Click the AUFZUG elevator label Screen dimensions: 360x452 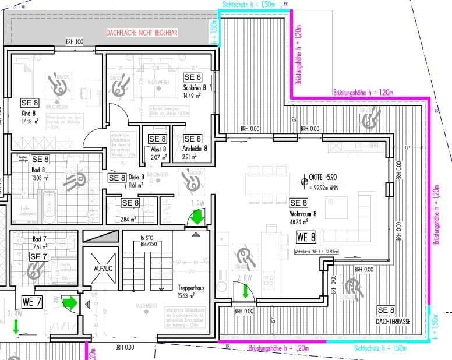click(96, 270)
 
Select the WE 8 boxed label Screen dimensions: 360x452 click(306, 237)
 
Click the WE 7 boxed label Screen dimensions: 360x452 click(31, 301)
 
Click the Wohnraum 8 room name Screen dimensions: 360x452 click(303, 214)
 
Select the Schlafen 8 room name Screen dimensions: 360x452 click(195, 88)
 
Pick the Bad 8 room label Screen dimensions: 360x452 click(38, 170)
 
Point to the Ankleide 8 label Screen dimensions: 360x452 click(195, 149)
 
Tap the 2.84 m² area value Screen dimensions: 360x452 click(128, 219)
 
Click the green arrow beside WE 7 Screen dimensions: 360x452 click(70, 302)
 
